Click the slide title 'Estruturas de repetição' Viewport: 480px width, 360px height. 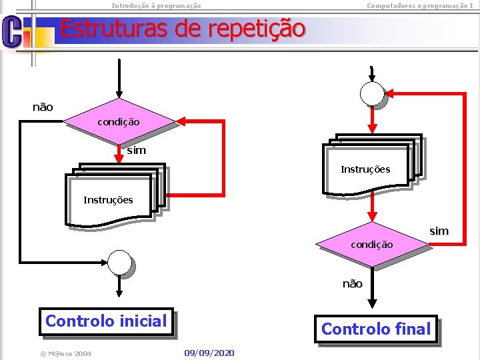(182, 29)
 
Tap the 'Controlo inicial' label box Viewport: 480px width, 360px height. (106, 321)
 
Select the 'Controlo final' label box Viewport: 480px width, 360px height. (376, 329)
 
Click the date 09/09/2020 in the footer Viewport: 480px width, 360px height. (209, 352)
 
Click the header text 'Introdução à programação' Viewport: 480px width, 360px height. (156, 5)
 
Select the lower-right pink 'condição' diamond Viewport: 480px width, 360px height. (372, 245)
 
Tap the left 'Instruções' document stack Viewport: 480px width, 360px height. (110, 199)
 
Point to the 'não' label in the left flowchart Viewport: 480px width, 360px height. (43, 107)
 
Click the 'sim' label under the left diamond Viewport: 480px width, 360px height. (136, 151)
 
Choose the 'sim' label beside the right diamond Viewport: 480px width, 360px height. (439, 231)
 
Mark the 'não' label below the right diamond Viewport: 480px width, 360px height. (353, 284)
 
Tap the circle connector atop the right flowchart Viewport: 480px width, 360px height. (371, 93)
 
